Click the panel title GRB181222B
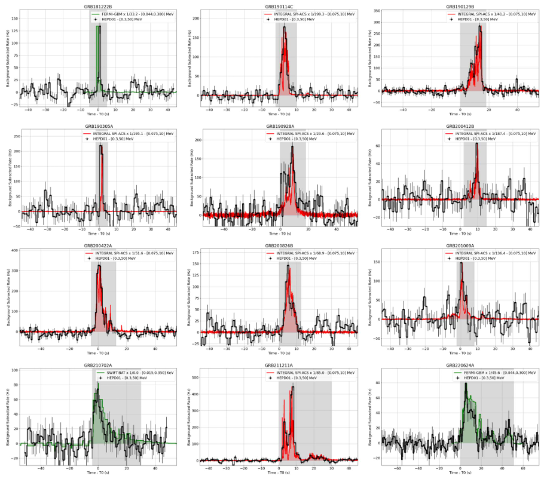click(97, 6)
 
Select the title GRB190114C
click(279, 6)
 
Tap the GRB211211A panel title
click(279, 365)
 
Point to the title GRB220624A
click(460, 365)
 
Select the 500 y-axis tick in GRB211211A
click(193, 370)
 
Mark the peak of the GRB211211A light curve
click(293, 386)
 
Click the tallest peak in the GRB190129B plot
click(479, 26)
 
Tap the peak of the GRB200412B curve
click(476, 143)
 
